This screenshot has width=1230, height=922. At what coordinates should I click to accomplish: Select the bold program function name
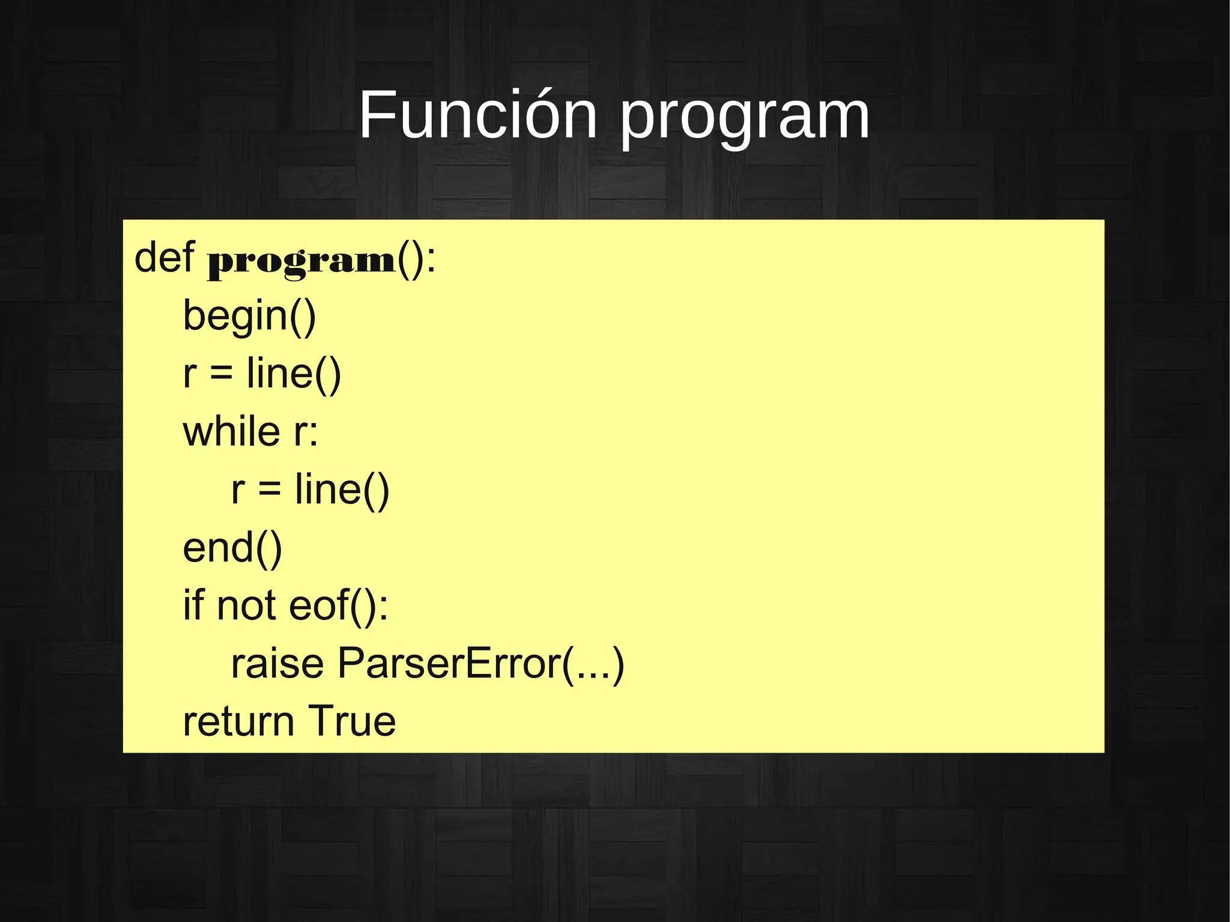point(301,262)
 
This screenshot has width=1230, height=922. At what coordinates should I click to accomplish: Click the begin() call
point(249,316)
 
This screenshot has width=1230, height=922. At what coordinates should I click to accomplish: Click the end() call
point(232,548)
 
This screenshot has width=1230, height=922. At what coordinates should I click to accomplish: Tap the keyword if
point(193,604)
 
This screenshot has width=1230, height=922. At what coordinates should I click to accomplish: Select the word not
point(246,605)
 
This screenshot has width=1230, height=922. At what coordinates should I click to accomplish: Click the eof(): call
point(339,605)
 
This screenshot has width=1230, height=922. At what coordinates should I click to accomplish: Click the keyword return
point(238,721)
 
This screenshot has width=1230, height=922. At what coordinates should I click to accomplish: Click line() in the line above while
point(294,374)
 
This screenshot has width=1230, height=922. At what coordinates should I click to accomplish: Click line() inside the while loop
point(342,490)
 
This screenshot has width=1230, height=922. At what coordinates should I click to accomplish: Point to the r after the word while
point(300,432)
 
